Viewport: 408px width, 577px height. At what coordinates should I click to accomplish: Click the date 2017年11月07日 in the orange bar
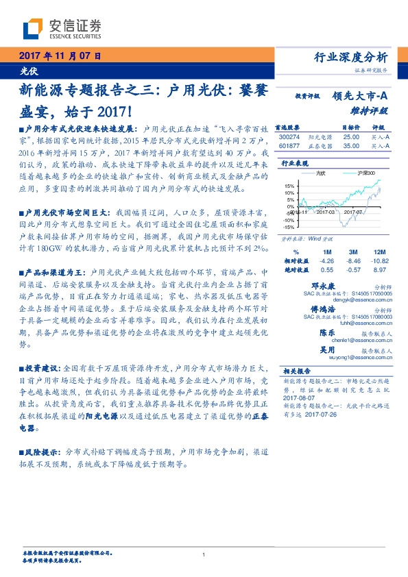[59, 55]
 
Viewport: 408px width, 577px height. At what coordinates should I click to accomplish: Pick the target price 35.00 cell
[351, 145]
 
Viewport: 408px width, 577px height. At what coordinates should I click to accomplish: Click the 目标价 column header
[351, 127]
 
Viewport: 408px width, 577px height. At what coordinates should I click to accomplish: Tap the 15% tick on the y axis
[289, 185]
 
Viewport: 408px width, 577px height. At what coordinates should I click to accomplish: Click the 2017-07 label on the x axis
[352, 232]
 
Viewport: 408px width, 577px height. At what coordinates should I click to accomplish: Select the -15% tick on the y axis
[288, 226]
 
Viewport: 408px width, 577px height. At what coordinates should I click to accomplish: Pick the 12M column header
[378, 251]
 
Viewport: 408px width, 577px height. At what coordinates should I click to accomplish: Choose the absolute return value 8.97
[379, 269]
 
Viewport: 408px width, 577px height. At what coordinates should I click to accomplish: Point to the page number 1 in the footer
[204, 554]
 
